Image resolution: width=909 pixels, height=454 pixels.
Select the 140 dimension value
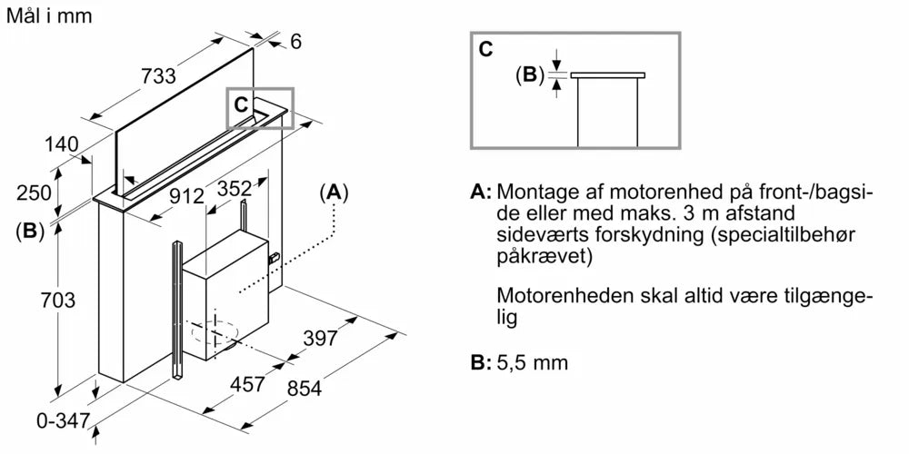(62, 143)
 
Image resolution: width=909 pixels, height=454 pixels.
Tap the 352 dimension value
(235, 190)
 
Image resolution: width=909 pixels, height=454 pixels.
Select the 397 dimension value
(320, 338)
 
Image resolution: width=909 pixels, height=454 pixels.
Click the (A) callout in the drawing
(334, 192)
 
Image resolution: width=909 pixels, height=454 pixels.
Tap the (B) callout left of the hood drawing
(30, 231)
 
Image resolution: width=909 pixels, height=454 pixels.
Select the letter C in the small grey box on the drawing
(240, 104)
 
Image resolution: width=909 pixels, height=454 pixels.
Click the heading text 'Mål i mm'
(48, 16)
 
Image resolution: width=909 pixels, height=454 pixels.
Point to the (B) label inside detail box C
(529, 75)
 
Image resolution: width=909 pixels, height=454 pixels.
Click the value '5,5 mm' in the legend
(533, 362)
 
